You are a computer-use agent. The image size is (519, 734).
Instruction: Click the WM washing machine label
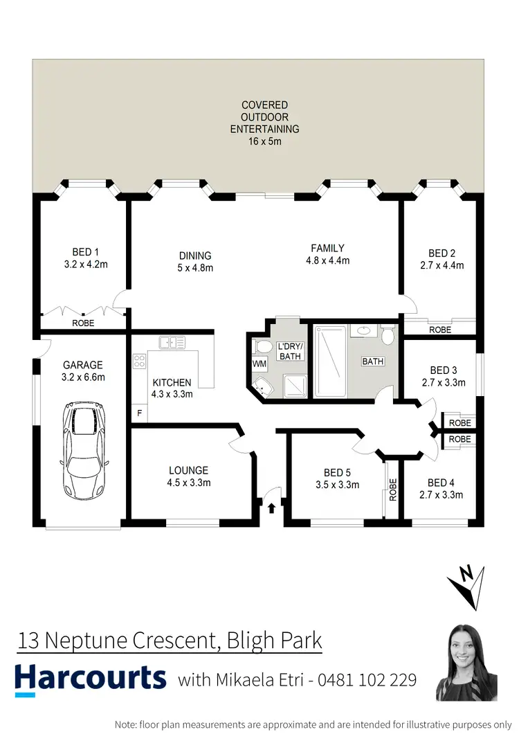click(259, 364)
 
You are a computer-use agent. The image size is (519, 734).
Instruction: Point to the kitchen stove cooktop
click(138, 361)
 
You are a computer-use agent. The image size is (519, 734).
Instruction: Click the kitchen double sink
click(170, 341)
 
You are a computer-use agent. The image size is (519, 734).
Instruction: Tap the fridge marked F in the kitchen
click(139, 414)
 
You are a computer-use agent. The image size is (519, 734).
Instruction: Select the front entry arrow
click(271, 508)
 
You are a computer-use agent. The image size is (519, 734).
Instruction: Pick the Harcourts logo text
click(91, 677)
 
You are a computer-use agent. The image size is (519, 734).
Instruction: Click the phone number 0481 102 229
click(367, 680)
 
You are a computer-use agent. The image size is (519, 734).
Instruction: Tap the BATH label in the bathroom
click(373, 361)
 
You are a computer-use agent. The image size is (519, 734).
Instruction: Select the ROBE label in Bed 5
click(393, 490)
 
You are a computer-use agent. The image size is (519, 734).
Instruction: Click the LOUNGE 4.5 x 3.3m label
click(188, 476)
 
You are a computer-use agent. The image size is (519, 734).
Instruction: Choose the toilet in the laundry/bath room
click(262, 346)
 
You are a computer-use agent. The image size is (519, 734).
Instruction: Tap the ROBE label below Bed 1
click(83, 323)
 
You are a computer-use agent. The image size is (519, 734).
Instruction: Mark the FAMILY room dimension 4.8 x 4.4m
click(327, 261)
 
